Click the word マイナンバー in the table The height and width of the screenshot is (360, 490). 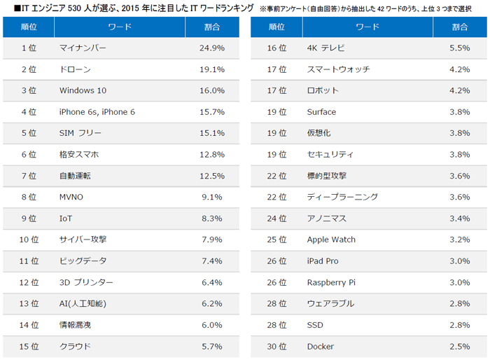coord(83,48)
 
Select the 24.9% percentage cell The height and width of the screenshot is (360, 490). coord(212,48)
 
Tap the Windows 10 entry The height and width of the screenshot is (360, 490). coord(83,90)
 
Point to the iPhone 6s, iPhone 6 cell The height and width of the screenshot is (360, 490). coord(97,112)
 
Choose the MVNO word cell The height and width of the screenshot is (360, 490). coord(72,197)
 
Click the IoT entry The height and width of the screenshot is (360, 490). coord(66,219)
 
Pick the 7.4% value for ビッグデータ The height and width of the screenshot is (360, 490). coord(212,261)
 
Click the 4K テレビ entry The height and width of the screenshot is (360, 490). coord(325,48)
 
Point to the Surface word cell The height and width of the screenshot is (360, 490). coord(321,112)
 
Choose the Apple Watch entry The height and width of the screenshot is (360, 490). coord(331,240)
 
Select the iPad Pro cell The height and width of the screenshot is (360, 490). coord(323,261)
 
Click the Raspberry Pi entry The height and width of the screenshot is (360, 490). coord(331,282)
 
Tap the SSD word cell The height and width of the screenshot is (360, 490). coord(315,324)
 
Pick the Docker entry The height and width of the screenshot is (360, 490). coord(320,346)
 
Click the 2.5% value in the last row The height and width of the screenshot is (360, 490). coord(460,346)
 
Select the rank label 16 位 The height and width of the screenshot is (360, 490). coord(277,48)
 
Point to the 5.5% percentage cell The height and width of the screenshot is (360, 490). coord(460,48)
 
